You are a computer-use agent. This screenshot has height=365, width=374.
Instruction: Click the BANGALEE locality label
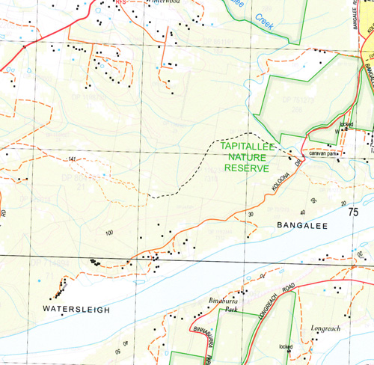pos(303,224)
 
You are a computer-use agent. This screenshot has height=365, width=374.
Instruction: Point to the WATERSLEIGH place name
pos(76,309)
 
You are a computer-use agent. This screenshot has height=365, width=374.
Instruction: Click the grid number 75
pos(353,212)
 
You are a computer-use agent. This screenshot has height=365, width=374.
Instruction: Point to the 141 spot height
pos(73,160)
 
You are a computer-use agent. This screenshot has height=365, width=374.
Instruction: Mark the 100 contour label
pos(109,233)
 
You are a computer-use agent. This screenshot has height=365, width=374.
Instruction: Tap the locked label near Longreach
pos(285,347)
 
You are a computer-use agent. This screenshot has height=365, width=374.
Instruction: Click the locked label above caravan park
pos(346,123)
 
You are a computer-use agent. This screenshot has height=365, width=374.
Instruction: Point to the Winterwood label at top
pos(165,2)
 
